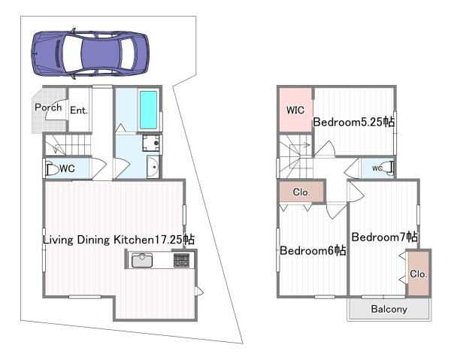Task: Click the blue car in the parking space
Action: [x=90, y=53]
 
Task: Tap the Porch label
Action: [x=48, y=107]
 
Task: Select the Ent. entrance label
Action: [x=79, y=110]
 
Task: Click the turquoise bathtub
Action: [x=148, y=110]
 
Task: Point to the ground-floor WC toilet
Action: [x=51, y=169]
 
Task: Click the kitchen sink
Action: [x=142, y=260]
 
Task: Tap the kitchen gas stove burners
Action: [x=181, y=260]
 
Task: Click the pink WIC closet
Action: [x=295, y=110]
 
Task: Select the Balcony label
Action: [x=389, y=309]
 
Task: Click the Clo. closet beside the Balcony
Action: [x=419, y=274]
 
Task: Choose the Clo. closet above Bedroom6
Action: [x=301, y=192]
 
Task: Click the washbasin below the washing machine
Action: [x=153, y=167]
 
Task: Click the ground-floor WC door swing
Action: [x=99, y=168]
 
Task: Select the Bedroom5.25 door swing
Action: [x=325, y=149]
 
